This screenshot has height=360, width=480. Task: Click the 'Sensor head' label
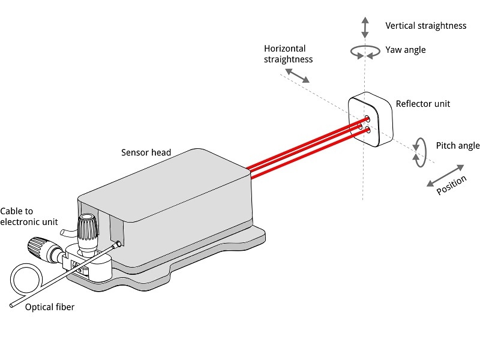click(x=146, y=152)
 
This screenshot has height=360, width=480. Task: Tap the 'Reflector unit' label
click(x=422, y=104)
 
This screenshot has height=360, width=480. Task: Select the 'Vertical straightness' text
click(x=425, y=26)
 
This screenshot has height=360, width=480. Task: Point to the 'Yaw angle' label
click(x=406, y=50)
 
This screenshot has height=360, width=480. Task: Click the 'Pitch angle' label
click(x=457, y=146)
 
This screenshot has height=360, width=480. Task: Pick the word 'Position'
click(x=451, y=184)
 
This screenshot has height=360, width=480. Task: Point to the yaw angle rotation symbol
click(x=364, y=52)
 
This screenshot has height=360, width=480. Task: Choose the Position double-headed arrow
click(x=445, y=175)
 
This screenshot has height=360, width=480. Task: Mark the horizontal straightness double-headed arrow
click(x=297, y=75)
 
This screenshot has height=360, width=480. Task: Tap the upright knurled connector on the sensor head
click(x=88, y=226)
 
